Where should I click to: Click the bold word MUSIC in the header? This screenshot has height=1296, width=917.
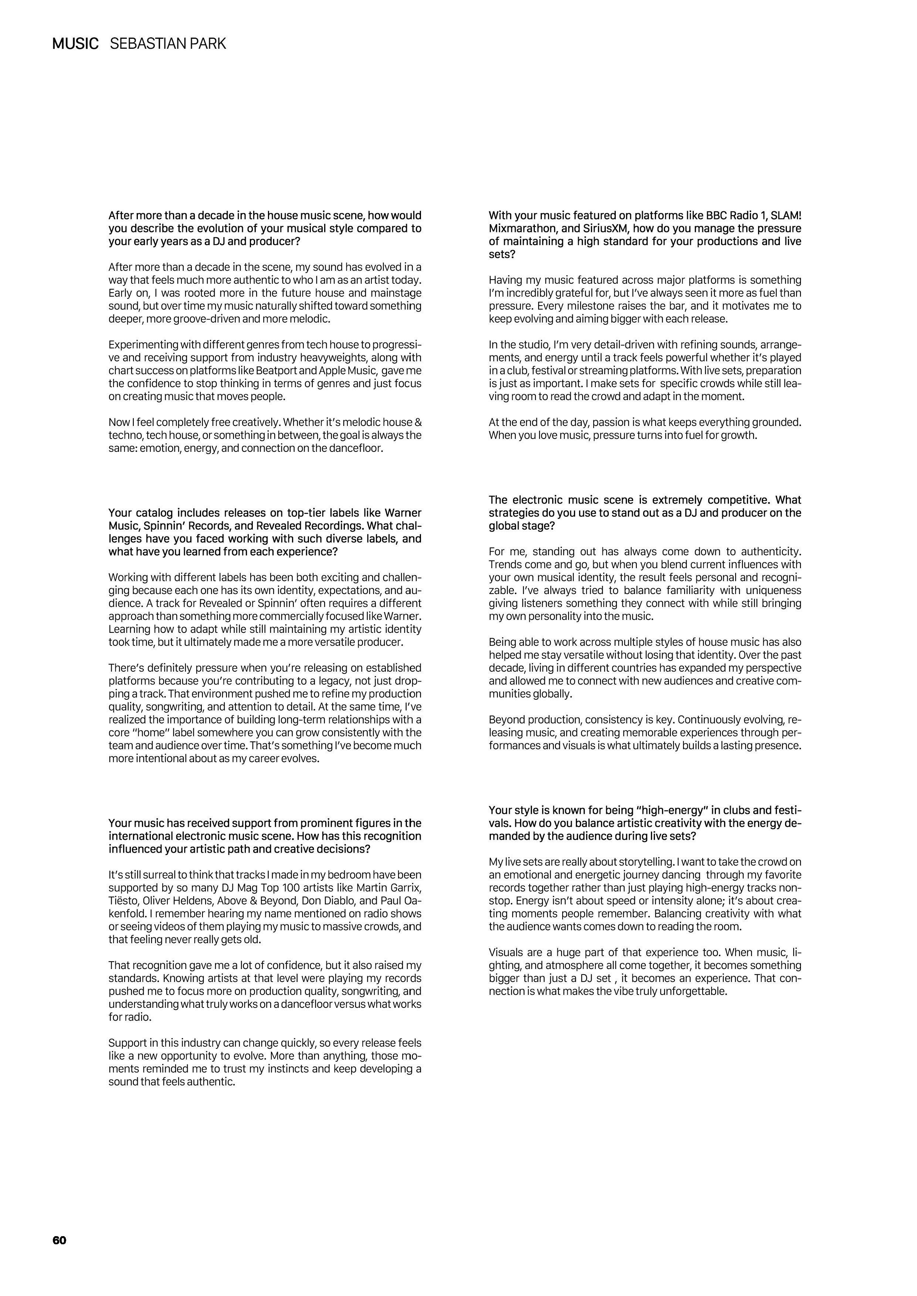pyautogui.click(x=75, y=44)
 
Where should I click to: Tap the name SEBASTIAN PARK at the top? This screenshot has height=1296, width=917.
pyautogui.click(x=168, y=44)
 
